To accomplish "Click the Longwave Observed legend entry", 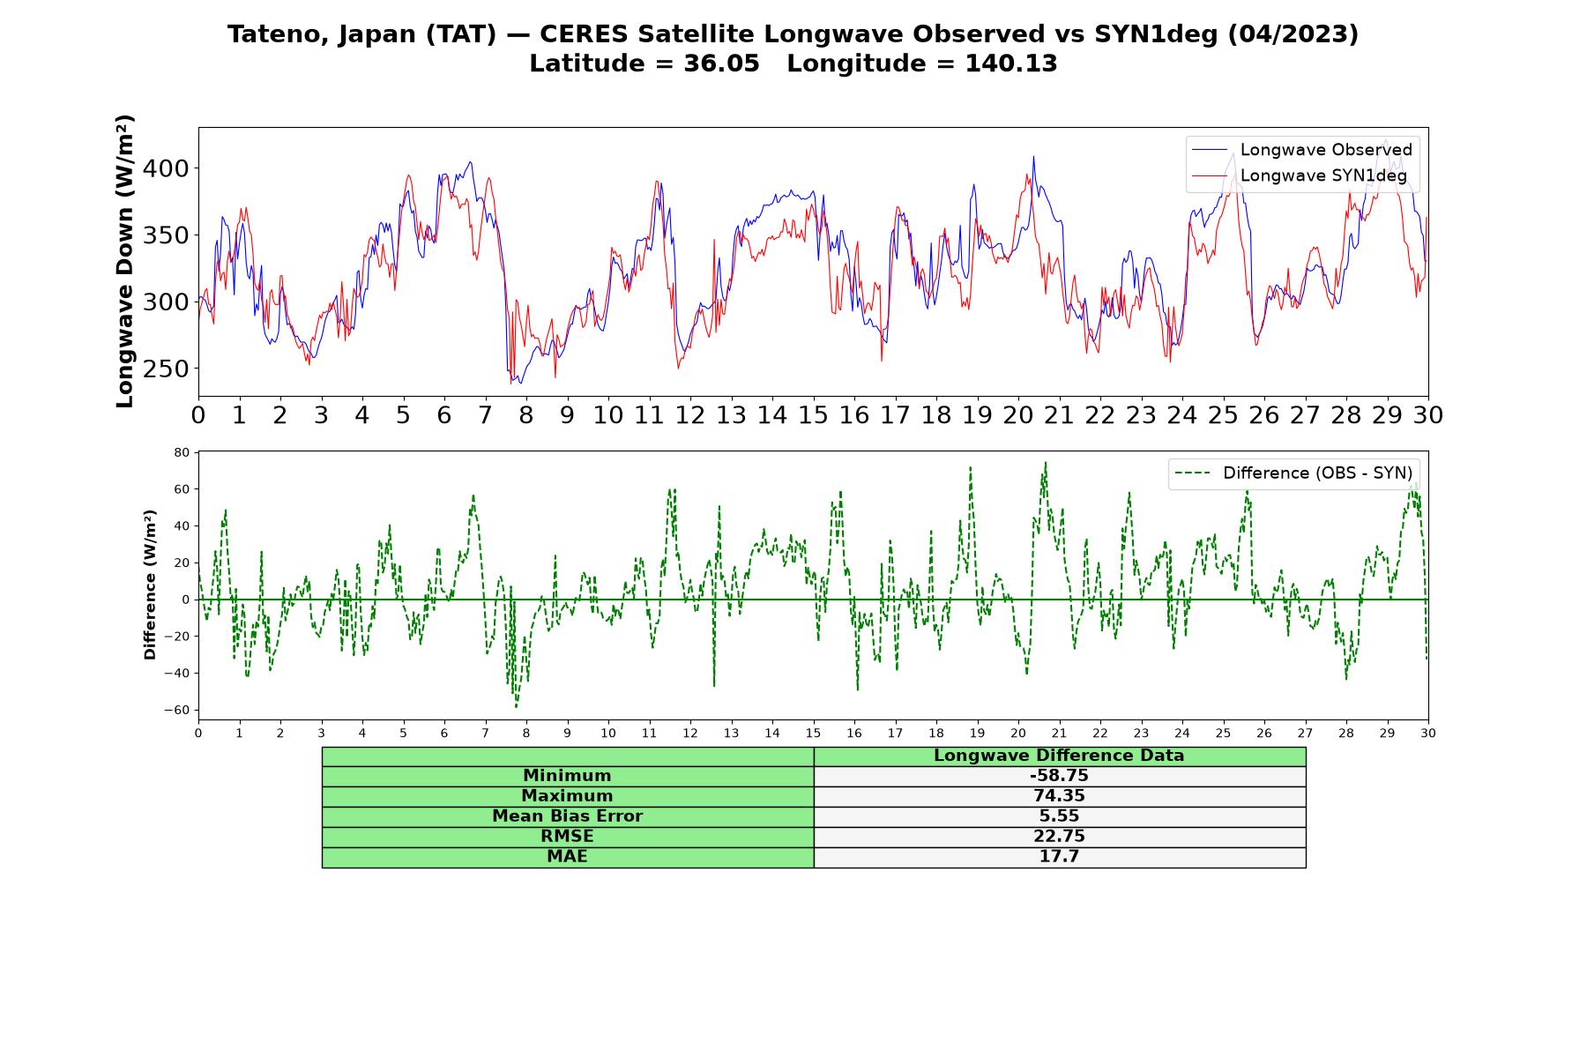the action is click(1302, 150).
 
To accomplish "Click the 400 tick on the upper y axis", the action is click(171, 168).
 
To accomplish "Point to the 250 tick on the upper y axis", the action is click(171, 369).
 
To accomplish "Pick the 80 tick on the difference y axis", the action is click(182, 452).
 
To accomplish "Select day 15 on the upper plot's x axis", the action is click(813, 415).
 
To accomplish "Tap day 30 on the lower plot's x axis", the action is click(1428, 733).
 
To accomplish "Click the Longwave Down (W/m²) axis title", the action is click(125, 261).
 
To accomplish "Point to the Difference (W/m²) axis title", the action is click(150, 585).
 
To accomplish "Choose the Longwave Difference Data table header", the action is click(1059, 756).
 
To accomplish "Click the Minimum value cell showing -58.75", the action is click(1059, 777).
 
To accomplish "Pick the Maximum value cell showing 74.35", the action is click(1059, 796).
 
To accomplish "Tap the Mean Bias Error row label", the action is click(567, 816).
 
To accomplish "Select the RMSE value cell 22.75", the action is click(1059, 837).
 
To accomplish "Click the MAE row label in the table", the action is click(567, 857).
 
